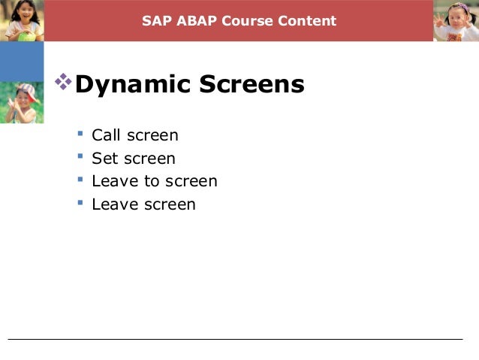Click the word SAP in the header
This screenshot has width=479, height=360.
[x=155, y=20]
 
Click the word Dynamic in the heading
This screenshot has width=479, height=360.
[x=132, y=85]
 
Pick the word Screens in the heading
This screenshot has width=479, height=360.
[x=250, y=85]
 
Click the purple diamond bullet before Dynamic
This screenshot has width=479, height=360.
[x=65, y=82]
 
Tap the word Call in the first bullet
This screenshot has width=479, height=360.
[x=106, y=136]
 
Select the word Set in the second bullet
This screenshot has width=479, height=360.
[x=104, y=159]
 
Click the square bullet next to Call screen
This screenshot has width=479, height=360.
[x=80, y=135]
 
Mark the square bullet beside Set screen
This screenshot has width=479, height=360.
[x=80, y=157]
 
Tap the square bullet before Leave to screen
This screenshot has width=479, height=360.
[x=80, y=180]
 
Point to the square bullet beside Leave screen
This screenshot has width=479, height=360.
[x=80, y=203]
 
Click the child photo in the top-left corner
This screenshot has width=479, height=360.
[x=22, y=20]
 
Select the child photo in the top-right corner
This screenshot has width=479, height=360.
[x=456, y=20]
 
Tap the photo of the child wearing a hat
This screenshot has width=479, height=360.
[x=22, y=102]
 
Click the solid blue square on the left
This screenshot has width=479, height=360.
[x=22, y=61]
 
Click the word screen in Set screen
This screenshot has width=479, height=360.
[x=150, y=159]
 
